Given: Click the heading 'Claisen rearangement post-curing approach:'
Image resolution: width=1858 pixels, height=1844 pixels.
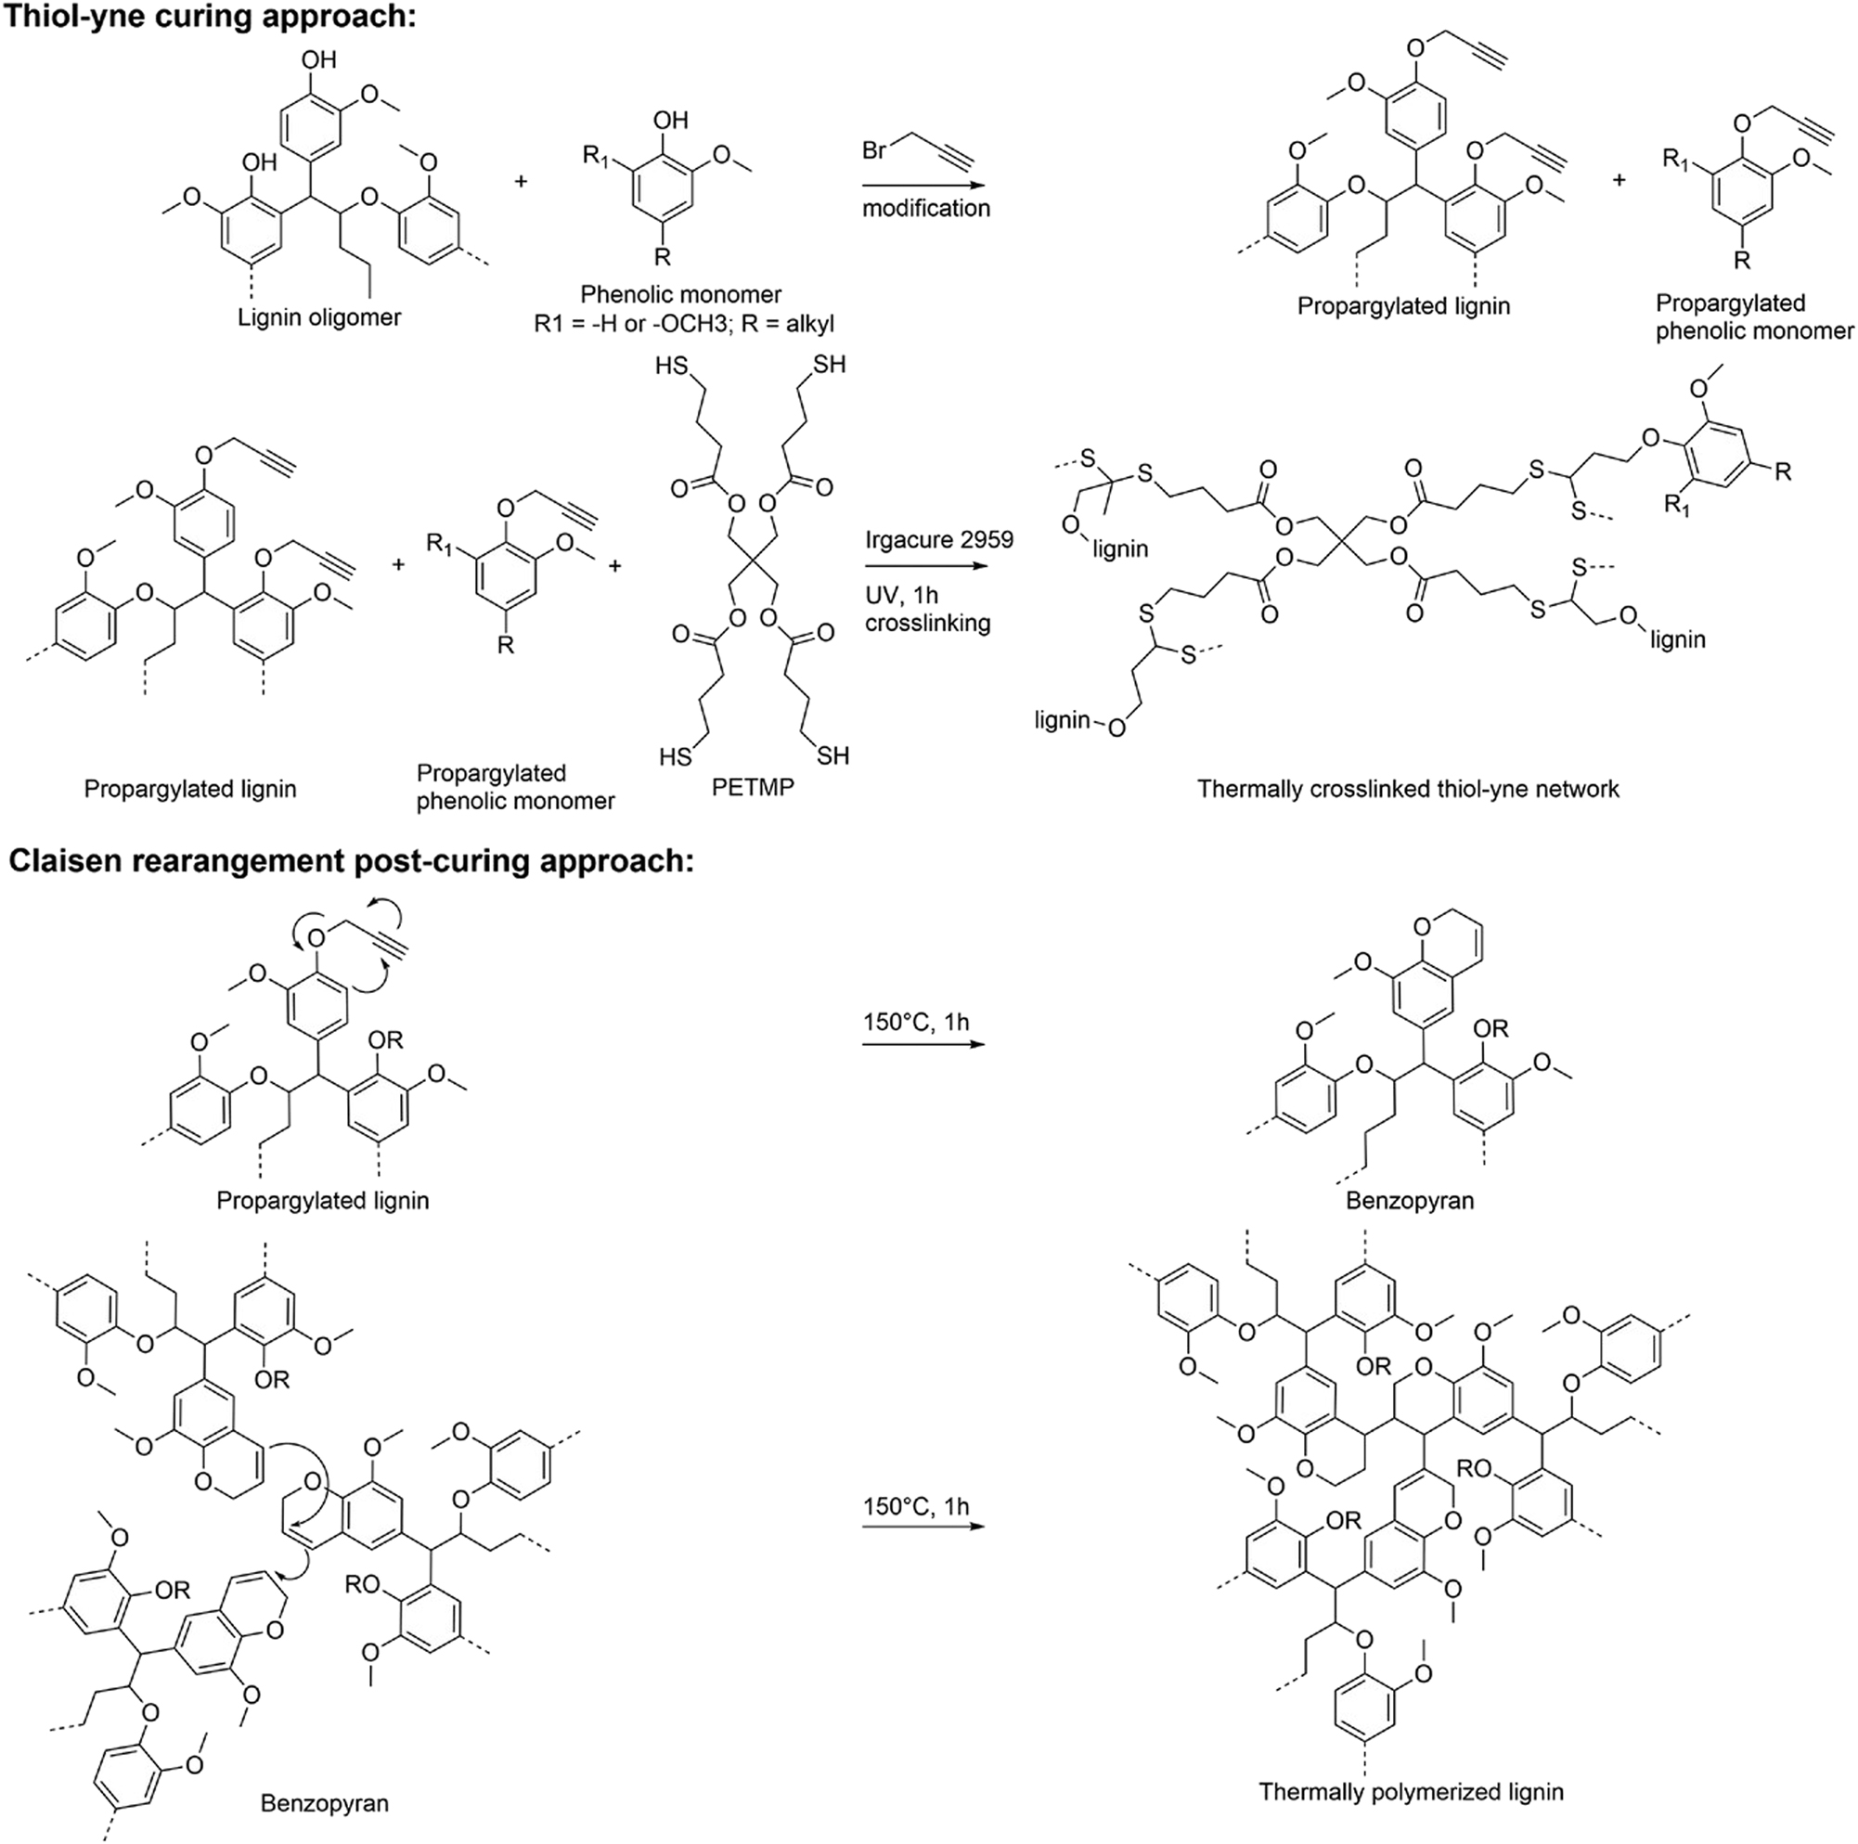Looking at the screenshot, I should pos(351,860).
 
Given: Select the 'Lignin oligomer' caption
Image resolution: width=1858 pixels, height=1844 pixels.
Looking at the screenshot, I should pos(319,317).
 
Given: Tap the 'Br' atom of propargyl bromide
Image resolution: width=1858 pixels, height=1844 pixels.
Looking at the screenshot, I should pos(873,151).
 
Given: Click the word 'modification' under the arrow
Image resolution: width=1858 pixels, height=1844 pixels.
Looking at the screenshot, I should pos(925,209).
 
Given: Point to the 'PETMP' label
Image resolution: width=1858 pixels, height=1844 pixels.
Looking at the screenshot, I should pos(752,787).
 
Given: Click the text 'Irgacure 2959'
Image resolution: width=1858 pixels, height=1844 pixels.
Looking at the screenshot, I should pos(938,539).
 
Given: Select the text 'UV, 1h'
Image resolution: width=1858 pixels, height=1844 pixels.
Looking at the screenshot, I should pos(901,595).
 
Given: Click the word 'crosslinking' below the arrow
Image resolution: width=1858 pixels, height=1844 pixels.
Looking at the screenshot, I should pos(926,623).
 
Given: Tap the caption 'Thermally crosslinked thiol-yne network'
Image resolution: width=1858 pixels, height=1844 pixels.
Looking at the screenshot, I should pos(1407,790).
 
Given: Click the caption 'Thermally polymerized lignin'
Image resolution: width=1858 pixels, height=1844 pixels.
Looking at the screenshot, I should pos(1410,1792).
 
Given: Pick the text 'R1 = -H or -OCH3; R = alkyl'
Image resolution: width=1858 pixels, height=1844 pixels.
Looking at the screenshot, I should pos(684,324).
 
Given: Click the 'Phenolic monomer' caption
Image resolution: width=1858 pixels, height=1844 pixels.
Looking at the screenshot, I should pos(680,294).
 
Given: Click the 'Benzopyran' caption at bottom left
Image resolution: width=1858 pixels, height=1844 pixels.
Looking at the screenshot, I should pos(324,1801).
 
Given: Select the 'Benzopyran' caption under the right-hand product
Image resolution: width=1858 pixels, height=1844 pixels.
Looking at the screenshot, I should pos(1409,1200).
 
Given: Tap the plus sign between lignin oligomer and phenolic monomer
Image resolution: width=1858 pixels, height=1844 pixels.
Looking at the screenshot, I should pos(522,180).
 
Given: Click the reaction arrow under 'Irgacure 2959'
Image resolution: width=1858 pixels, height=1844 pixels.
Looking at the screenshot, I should pos(925,565).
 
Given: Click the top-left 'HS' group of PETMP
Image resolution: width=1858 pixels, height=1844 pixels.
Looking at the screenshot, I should pos(670,367).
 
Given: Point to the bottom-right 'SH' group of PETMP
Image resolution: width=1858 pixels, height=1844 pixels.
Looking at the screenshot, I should pos(832,756).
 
